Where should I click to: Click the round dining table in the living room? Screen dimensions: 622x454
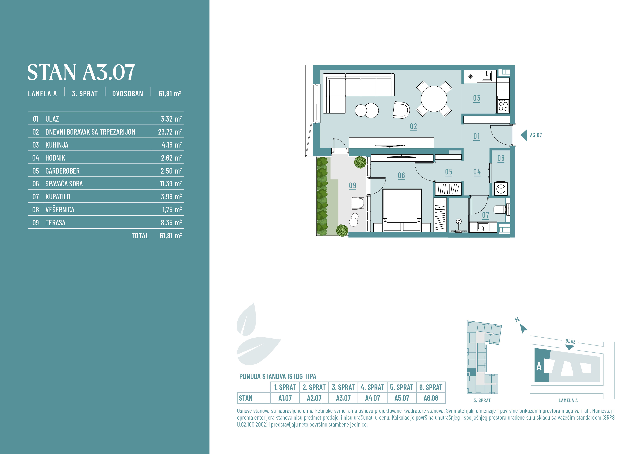pyautogui.click(x=434, y=99)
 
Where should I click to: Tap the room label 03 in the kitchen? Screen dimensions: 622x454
pyautogui.click(x=477, y=98)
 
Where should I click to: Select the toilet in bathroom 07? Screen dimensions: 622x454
pyautogui.click(x=501, y=209)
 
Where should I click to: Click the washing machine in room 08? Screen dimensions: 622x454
pyautogui.click(x=501, y=189)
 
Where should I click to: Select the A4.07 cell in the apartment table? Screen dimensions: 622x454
pyautogui.click(x=372, y=398)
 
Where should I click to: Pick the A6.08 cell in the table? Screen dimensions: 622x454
pyautogui.click(x=431, y=398)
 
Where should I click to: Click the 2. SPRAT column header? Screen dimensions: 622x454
pyautogui.click(x=314, y=387)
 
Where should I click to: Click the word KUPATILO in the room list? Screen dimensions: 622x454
pyautogui.click(x=58, y=197)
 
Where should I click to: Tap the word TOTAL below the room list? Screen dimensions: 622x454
pyautogui.click(x=140, y=236)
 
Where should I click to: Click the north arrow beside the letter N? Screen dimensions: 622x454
pyautogui.click(x=524, y=328)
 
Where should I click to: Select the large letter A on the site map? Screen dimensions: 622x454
pyautogui.click(x=539, y=366)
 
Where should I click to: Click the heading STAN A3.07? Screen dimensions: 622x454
pyautogui.click(x=81, y=72)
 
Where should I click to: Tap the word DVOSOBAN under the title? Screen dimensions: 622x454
pyautogui.click(x=127, y=94)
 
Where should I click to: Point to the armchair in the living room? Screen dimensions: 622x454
pyautogui.click(x=401, y=110)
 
